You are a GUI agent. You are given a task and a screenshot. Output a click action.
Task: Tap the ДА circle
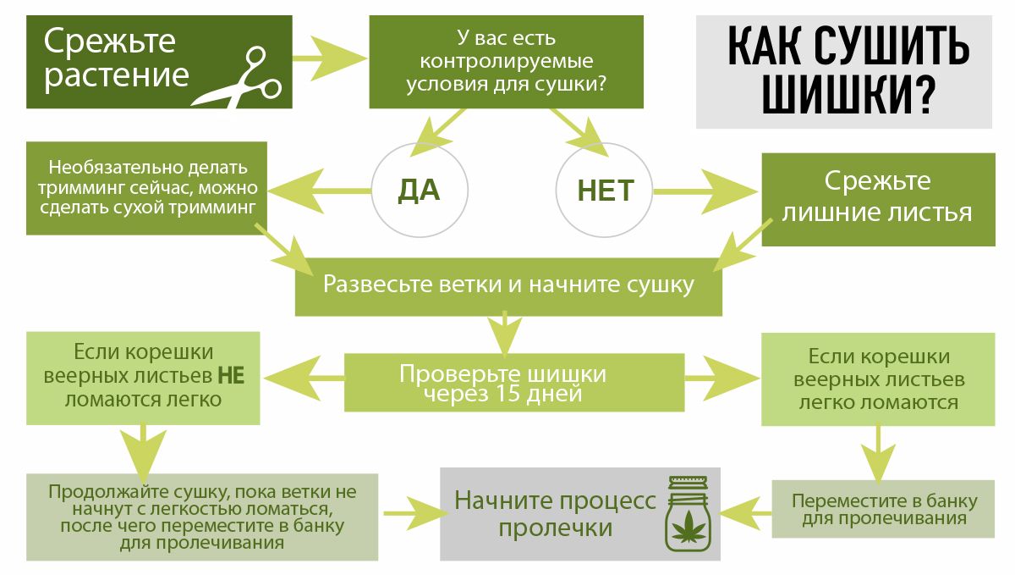pyautogui.click(x=419, y=191)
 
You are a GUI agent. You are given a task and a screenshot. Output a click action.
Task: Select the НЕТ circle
pyautogui.click(x=606, y=191)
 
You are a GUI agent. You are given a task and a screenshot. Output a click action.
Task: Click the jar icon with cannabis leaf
pyautogui.click(x=689, y=516)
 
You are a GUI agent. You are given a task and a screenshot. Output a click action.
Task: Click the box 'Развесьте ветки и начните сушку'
pyautogui.click(x=507, y=285)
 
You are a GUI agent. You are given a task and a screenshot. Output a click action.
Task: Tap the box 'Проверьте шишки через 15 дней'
pyautogui.click(x=514, y=384)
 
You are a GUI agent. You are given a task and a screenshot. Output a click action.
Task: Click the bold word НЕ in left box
pyautogui.click(x=231, y=375)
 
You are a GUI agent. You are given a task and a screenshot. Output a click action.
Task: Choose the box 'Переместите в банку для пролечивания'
pyautogui.click(x=884, y=508)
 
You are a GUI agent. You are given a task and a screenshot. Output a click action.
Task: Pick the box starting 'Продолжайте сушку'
pyautogui.click(x=202, y=517)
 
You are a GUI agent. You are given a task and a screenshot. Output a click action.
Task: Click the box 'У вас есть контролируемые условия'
pyautogui.click(x=506, y=61)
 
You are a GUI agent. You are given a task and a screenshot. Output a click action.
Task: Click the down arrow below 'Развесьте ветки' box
pyautogui.click(x=505, y=334)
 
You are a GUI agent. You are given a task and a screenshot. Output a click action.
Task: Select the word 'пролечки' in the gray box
pyautogui.click(x=555, y=528)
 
